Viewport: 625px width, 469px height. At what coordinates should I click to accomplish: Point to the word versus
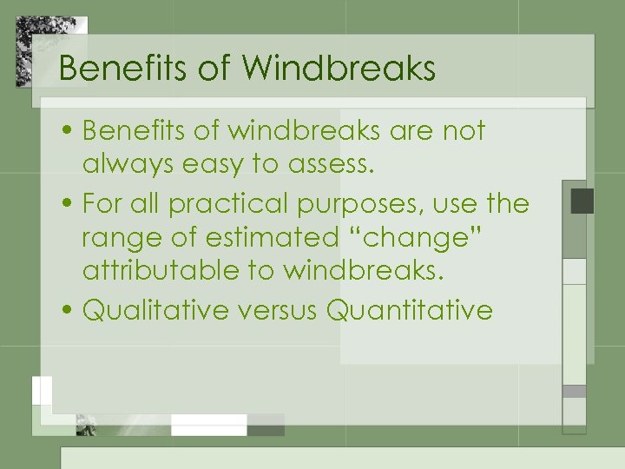point(273,310)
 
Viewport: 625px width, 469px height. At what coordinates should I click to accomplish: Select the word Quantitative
point(410,310)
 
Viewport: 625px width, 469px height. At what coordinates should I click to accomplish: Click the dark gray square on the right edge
point(582,201)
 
